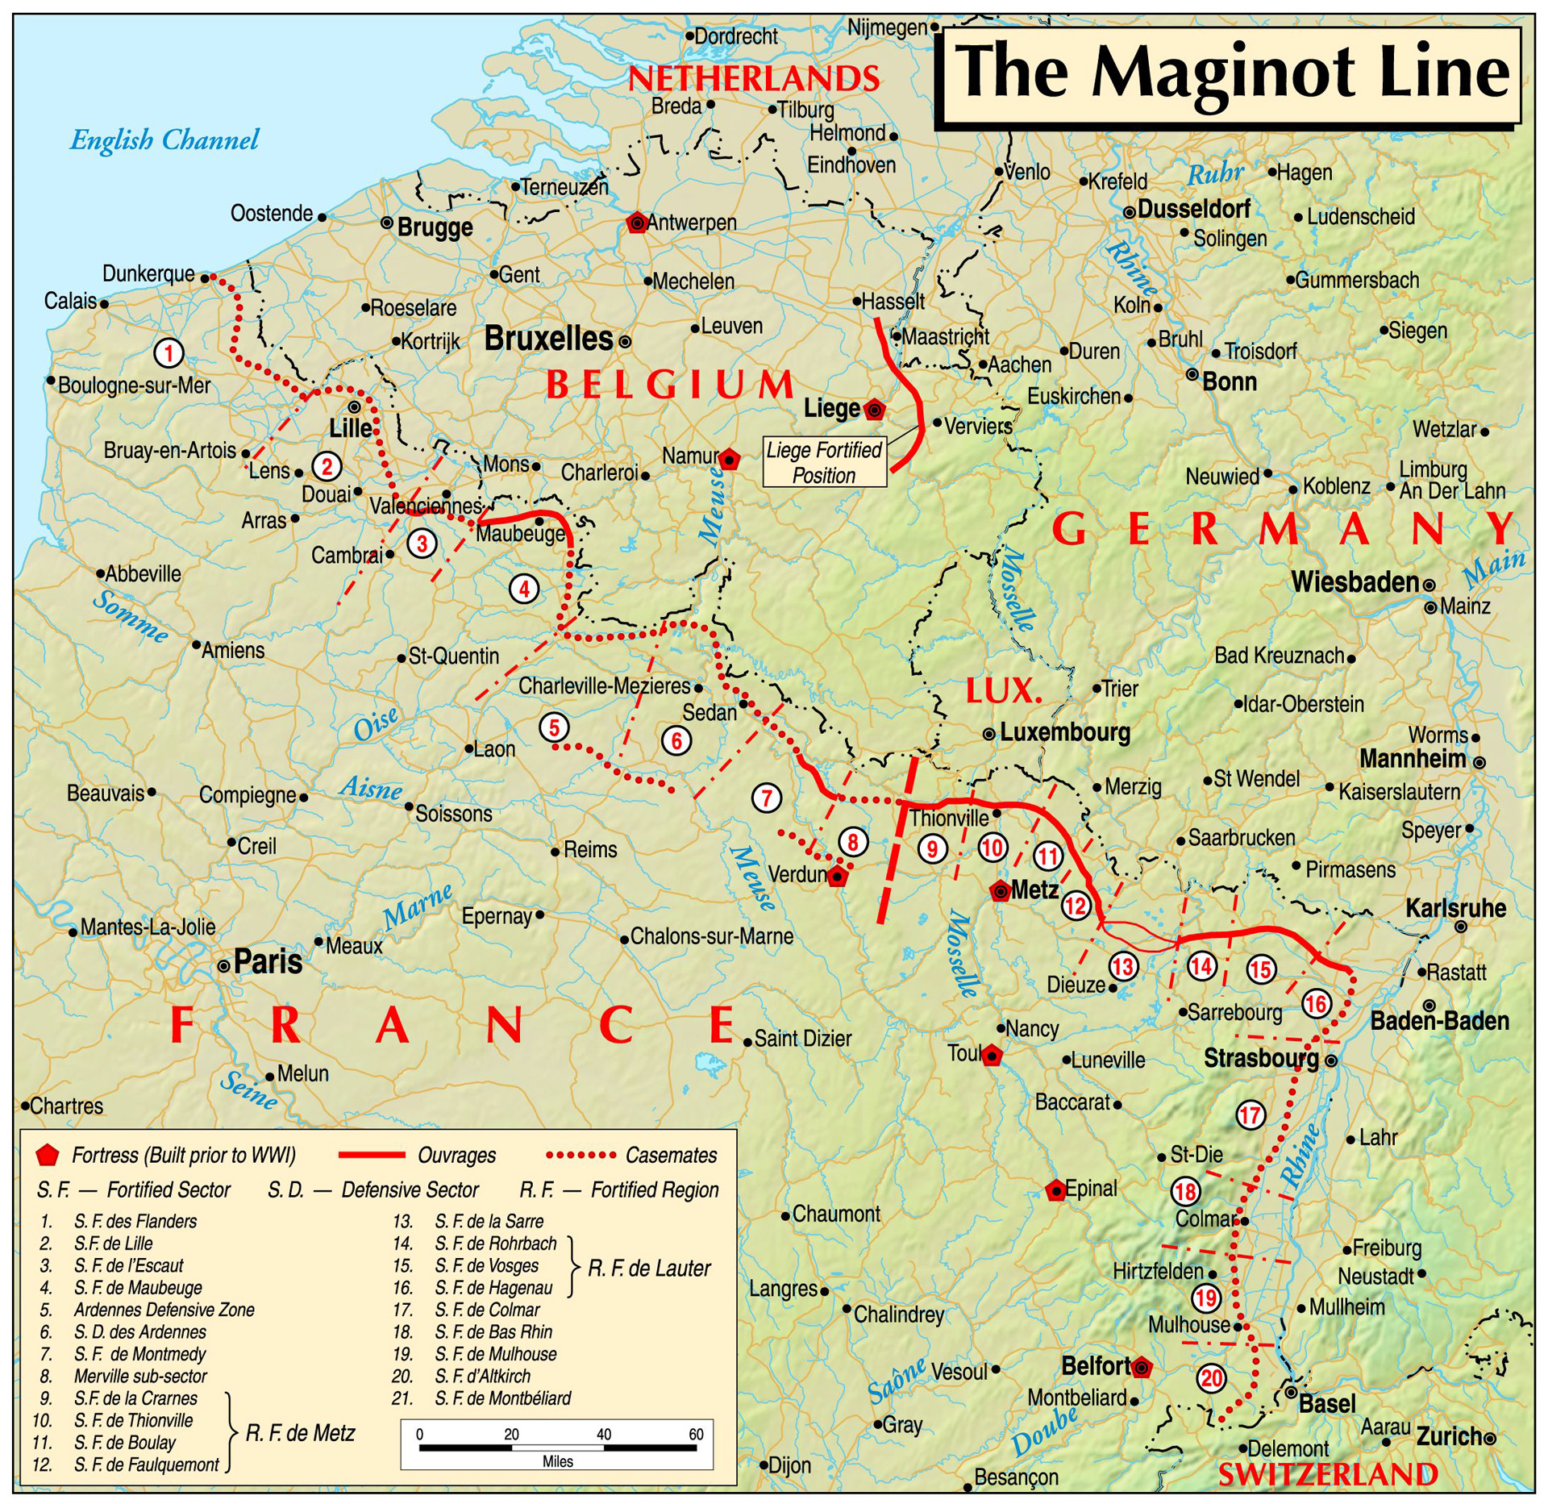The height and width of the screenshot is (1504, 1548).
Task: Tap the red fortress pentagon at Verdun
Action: (838, 877)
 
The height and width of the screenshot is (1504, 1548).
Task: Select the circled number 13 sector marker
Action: (1122, 965)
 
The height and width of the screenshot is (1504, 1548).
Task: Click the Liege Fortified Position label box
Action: (824, 462)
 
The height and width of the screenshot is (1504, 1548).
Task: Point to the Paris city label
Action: (267, 962)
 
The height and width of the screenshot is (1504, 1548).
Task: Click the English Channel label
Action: (164, 140)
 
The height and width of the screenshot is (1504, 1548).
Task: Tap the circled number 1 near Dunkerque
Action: (169, 353)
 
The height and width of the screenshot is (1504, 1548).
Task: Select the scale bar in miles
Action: (556, 1448)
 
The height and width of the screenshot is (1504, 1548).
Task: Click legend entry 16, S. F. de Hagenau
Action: (493, 1288)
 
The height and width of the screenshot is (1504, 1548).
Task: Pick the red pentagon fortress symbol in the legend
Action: (48, 1155)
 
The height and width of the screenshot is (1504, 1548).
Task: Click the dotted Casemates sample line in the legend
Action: (580, 1155)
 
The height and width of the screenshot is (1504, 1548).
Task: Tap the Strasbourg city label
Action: (1260, 1059)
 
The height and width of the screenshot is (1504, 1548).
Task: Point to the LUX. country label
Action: (1003, 690)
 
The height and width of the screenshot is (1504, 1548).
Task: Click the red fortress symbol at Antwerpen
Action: (637, 223)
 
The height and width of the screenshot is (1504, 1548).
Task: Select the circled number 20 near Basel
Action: (1211, 1377)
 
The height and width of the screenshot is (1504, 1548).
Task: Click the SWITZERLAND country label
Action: (1327, 1474)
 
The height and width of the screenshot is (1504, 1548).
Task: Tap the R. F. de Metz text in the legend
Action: (300, 1432)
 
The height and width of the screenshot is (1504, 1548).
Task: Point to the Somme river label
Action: (131, 617)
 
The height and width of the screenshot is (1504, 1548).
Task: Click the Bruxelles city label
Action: (548, 339)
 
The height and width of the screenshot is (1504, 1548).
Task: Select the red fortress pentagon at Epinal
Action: (1055, 1190)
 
